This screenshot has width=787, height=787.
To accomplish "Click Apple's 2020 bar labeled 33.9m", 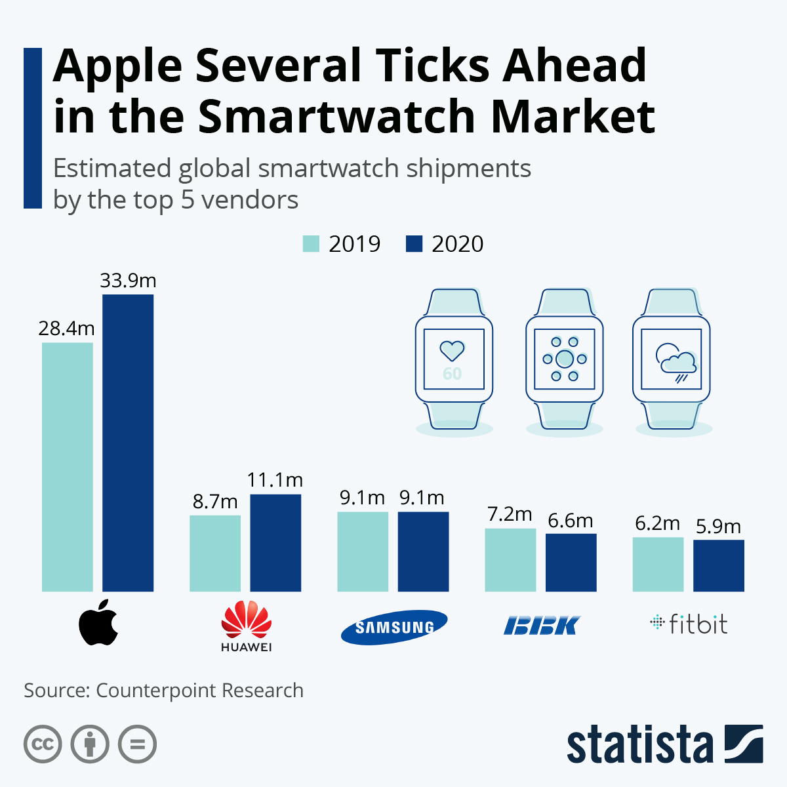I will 128,443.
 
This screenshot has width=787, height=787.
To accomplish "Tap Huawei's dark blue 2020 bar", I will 275,543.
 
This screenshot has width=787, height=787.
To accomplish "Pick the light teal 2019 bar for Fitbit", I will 658,564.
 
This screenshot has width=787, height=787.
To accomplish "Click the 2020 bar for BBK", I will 571,563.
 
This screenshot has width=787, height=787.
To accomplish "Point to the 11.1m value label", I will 275,480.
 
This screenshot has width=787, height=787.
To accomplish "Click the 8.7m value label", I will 215,502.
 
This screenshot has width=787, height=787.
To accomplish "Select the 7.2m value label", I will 510,514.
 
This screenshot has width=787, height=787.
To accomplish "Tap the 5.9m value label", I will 718,526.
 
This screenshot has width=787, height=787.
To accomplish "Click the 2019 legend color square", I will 311,244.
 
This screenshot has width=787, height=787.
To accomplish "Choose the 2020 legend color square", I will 414,244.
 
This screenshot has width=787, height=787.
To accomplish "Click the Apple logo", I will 98,622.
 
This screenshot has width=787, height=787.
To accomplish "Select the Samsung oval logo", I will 394,627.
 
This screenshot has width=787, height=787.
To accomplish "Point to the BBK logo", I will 542,626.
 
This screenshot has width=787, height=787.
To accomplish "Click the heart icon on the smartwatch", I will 452,350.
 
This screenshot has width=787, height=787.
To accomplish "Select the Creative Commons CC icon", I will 43,744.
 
